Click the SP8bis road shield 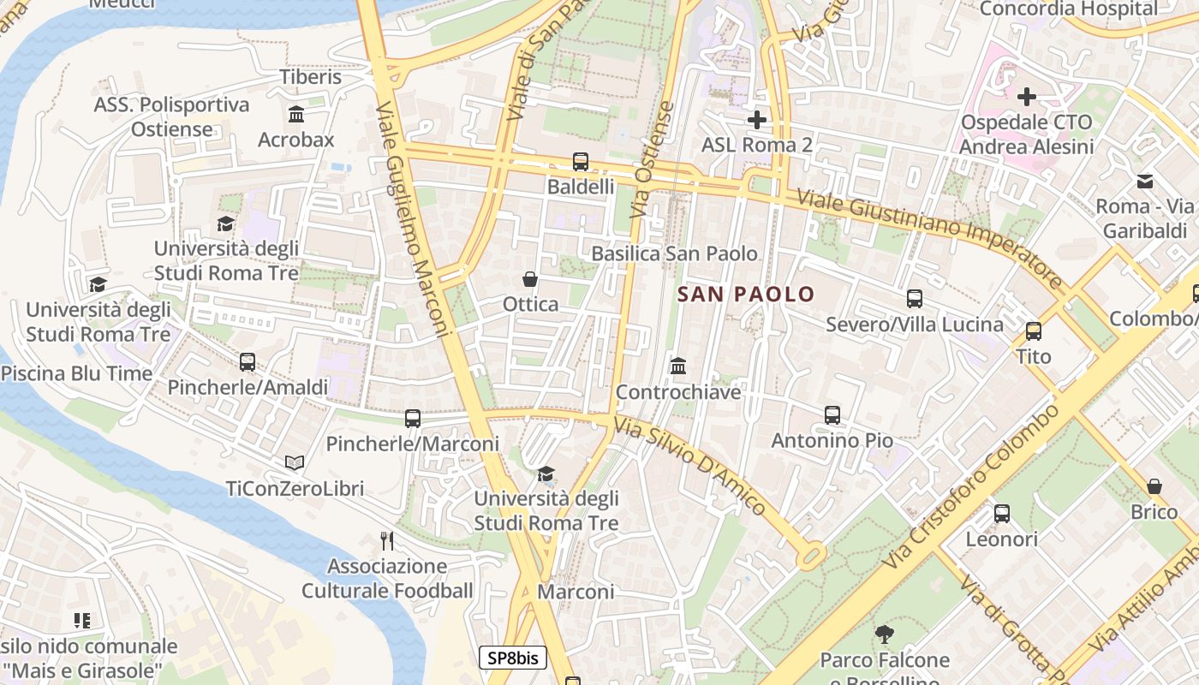click(x=512, y=658)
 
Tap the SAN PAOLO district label click(x=746, y=295)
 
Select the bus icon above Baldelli click(x=580, y=161)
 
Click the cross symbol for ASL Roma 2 click(x=756, y=120)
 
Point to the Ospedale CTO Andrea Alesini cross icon click(x=1026, y=97)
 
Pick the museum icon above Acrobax click(x=296, y=114)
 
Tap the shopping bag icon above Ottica click(x=530, y=279)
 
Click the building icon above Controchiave click(x=678, y=366)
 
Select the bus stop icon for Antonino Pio click(x=832, y=415)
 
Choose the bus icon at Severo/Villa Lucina click(x=914, y=299)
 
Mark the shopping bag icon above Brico click(x=1154, y=486)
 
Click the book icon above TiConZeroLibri click(x=295, y=462)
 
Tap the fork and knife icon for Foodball click(x=387, y=540)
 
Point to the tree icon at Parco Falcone click(x=885, y=634)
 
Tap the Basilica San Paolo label click(x=674, y=253)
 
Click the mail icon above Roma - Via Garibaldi click(x=1145, y=181)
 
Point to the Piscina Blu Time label click(x=77, y=373)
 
